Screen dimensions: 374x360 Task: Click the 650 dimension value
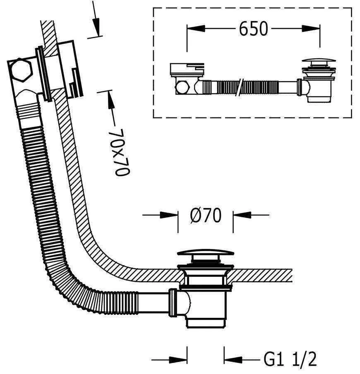pyautogui.click(x=253, y=29)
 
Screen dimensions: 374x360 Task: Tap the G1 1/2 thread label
pyautogui.click(x=290, y=359)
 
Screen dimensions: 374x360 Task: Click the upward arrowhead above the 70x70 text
pyautogui.click(x=110, y=101)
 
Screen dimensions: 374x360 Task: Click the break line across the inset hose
pyautogui.click(x=239, y=88)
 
